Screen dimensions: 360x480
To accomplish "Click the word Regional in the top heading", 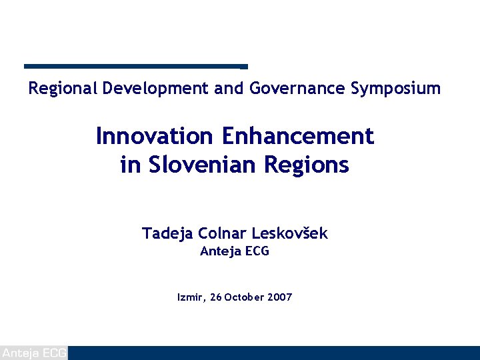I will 63,88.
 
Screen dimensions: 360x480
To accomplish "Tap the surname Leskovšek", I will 289,233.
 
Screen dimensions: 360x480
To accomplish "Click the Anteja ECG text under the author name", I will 235,252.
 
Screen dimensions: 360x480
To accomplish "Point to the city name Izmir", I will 191,297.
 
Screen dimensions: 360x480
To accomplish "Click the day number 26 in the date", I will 215,297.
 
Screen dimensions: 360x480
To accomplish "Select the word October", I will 244,297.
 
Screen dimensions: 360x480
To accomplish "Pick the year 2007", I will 279,297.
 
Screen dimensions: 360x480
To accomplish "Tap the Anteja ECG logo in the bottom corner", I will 33,353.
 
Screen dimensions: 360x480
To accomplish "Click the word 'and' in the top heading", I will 229,88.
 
